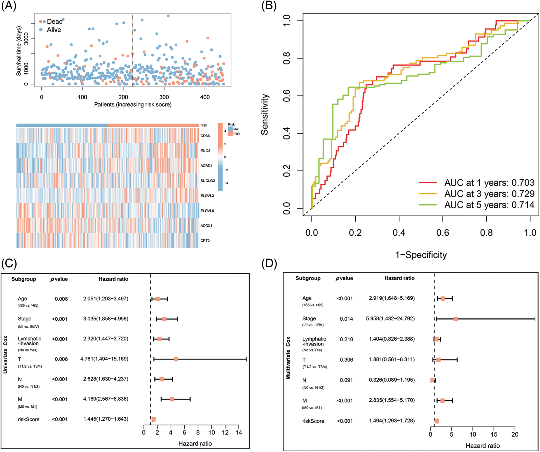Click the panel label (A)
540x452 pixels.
[x=9, y=6]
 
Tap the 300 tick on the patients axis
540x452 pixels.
[x=164, y=97]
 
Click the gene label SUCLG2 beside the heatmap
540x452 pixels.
[x=208, y=181]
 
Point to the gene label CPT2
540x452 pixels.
[x=205, y=241]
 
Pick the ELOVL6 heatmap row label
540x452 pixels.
[x=207, y=211]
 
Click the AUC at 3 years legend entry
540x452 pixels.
[x=489, y=194]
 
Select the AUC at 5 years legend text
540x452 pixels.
[x=489, y=205]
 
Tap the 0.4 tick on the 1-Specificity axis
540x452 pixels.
[x=399, y=233]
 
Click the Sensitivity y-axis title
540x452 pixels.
[x=265, y=115]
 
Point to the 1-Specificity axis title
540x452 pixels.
[x=421, y=255]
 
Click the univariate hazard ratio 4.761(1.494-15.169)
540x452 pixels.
[x=104, y=359]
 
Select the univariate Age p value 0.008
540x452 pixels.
[x=61, y=299]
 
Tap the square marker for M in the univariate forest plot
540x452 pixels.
[x=172, y=399]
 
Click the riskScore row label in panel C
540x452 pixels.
[x=29, y=420]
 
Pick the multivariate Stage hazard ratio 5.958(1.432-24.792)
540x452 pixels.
[x=390, y=319]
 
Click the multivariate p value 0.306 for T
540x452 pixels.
[x=346, y=360]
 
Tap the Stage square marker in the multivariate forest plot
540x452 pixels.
[x=456, y=319]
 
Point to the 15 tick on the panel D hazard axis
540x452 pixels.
[x=494, y=435]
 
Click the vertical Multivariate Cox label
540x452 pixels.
[x=288, y=358]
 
